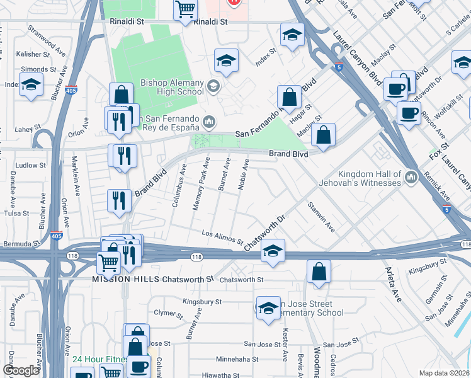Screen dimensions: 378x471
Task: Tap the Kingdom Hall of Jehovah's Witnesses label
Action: tap(369, 178)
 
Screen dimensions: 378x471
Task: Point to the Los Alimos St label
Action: tap(222, 236)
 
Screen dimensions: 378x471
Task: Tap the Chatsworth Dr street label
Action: tap(265, 232)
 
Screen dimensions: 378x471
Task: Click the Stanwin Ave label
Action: tap(321, 216)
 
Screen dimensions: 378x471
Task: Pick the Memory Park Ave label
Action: tap(201, 184)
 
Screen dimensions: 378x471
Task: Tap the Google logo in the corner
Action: tap(21, 370)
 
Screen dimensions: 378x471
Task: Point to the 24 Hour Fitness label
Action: tap(98, 360)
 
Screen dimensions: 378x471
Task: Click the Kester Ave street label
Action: tap(285, 343)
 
